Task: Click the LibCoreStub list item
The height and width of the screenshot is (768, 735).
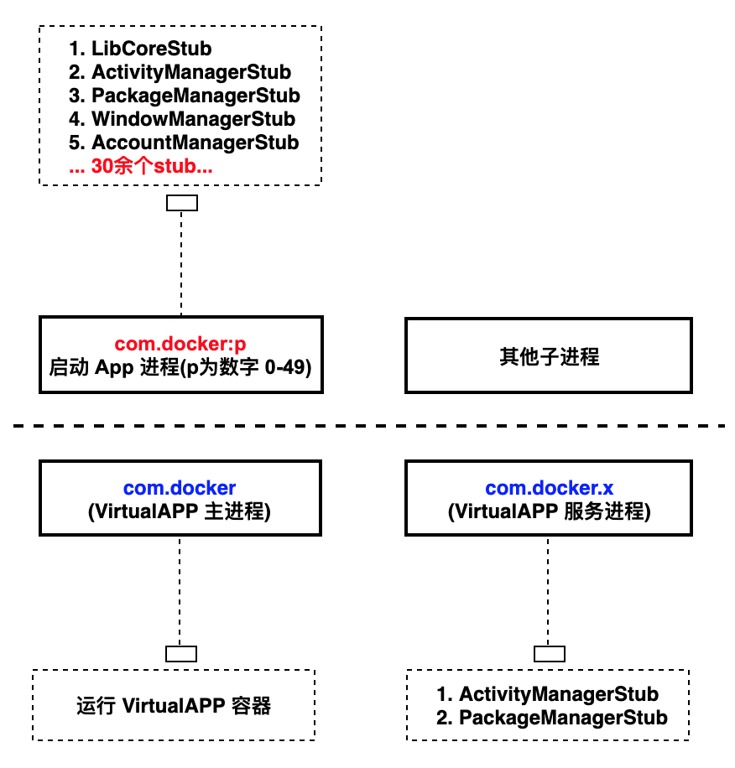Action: (x=140, y=48)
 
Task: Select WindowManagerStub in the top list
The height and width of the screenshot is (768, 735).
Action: (x=182, y=119)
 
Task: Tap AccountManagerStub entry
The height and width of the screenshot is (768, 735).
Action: (x=184, y=143)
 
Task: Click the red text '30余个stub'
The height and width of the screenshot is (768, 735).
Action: (x=141, y=166)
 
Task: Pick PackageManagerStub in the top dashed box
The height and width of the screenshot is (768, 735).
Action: (x=185, y=96)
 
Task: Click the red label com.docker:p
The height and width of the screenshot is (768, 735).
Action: (x=180, y=344)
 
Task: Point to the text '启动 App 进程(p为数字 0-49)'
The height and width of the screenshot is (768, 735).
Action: (x=180, y=366)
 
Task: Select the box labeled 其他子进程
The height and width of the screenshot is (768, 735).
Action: (x=549, y=355)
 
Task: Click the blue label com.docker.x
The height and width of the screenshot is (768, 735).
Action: (x=549, y=488)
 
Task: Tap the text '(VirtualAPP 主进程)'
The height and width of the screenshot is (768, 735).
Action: (x=180, y=511)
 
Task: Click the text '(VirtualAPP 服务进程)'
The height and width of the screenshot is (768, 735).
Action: (x=549, y=511)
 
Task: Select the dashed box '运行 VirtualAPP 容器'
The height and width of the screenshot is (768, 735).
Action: (x=174, y=705)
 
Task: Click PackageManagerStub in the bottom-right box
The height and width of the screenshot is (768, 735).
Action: (x=552, y=718)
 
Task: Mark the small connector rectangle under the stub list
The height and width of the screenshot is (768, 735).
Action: (x=182, y=203)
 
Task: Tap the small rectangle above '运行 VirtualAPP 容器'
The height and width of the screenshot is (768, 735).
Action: (x=180, y=654)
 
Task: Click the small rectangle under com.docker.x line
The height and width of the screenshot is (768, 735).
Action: (x=550, y=654)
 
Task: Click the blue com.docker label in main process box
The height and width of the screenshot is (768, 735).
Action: (x=180, y=488)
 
